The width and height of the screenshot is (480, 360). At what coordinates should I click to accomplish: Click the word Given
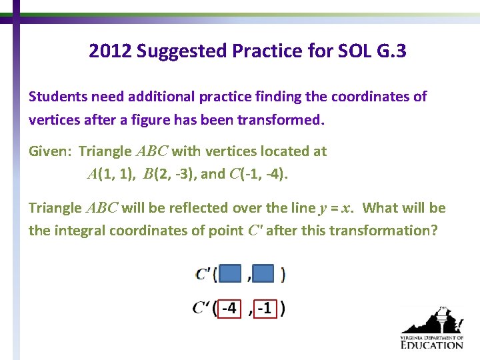[50, 151]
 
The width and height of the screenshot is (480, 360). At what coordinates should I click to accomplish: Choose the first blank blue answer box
[230, 273]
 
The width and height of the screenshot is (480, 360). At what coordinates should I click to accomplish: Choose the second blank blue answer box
[264, 273]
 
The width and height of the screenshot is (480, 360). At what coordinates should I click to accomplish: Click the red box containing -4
[229, 308]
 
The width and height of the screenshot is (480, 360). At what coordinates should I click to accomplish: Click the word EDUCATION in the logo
[431, 345]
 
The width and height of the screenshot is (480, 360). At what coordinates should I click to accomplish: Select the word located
[278, 151]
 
